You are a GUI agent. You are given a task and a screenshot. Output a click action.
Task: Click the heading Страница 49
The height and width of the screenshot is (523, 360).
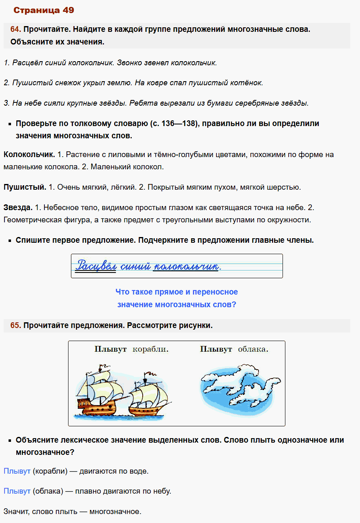pyautogui.click(x=44, y=10)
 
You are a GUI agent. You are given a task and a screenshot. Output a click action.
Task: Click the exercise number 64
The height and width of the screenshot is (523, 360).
pyautogui.click(x=15, y=29)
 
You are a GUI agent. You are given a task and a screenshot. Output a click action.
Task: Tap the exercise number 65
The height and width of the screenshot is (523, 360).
pyautogui.click(x=15, y=326)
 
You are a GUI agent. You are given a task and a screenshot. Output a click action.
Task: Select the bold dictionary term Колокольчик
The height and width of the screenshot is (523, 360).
pyautogui.click(x=29, y=155)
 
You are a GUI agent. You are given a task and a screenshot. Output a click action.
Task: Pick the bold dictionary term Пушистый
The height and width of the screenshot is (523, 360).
pyautogui.click(x=24, y=187)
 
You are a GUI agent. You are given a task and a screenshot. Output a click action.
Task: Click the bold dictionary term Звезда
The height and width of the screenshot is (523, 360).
pyautogui.click(x=18, y=208)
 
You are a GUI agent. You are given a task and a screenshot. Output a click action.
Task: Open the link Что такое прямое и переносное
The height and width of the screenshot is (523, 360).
pyautogui.click(x=177, y=292)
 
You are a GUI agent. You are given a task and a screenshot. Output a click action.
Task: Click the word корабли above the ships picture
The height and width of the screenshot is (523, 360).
pyautogui.click(x=150, y=350)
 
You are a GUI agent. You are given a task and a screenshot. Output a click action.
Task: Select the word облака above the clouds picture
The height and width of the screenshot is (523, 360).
pyautogui.click(x=253, y=350)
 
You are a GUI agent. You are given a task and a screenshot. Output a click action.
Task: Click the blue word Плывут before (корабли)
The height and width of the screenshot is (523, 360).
pyautogui.click(x=17, y=471)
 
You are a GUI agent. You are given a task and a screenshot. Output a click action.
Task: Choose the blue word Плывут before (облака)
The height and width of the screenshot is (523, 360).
pyautogui.click(x=17, y=491)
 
